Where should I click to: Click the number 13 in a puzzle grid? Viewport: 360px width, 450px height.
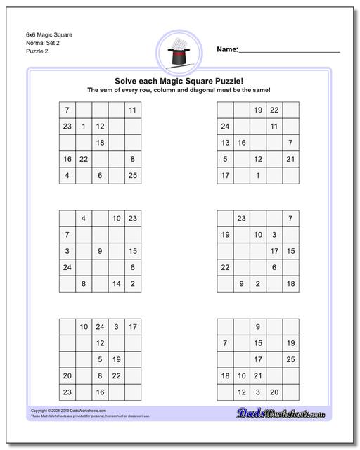click(x=225, y=143)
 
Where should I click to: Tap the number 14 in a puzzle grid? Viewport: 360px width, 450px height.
click(x=116, y=284)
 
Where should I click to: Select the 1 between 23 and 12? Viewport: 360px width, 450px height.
click(x=84, y=127)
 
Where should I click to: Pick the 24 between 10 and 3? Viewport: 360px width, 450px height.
click(x=100, y=326)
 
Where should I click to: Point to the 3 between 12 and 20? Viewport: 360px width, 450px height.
click(x=258, y=392)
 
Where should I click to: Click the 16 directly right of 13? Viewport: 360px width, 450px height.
click(x=241, y=143)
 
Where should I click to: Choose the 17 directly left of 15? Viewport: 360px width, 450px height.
click(x=274, y=251)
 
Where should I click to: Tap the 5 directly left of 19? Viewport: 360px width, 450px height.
click(x=100, y=359)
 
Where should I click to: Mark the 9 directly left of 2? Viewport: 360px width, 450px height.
click(x=241, y=284)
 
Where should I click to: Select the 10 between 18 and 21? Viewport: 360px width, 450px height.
click(x=241, y=375)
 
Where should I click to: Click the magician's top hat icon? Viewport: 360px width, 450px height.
click(x=180, y=52)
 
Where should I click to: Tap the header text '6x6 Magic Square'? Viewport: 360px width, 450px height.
click(x=51, y=34)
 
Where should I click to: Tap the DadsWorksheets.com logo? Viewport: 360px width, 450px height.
click(x=290, y=413)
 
